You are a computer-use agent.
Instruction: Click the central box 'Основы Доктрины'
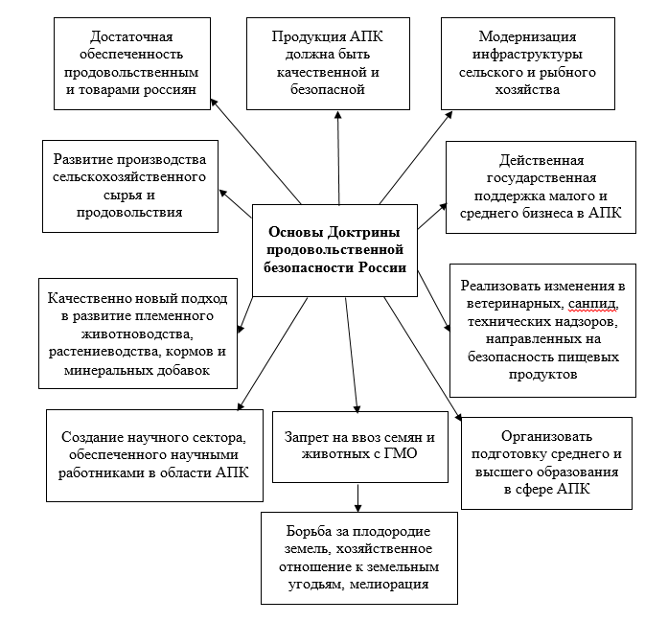click(x=334, y=249)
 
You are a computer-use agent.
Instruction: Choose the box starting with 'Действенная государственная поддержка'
click(x=541, y=188)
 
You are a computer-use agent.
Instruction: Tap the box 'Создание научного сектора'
click(x=154, y=454)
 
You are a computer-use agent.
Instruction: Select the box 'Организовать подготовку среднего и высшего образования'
click(x=546, y=462)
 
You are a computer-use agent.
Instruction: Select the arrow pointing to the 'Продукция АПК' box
click(x=337, y=158)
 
